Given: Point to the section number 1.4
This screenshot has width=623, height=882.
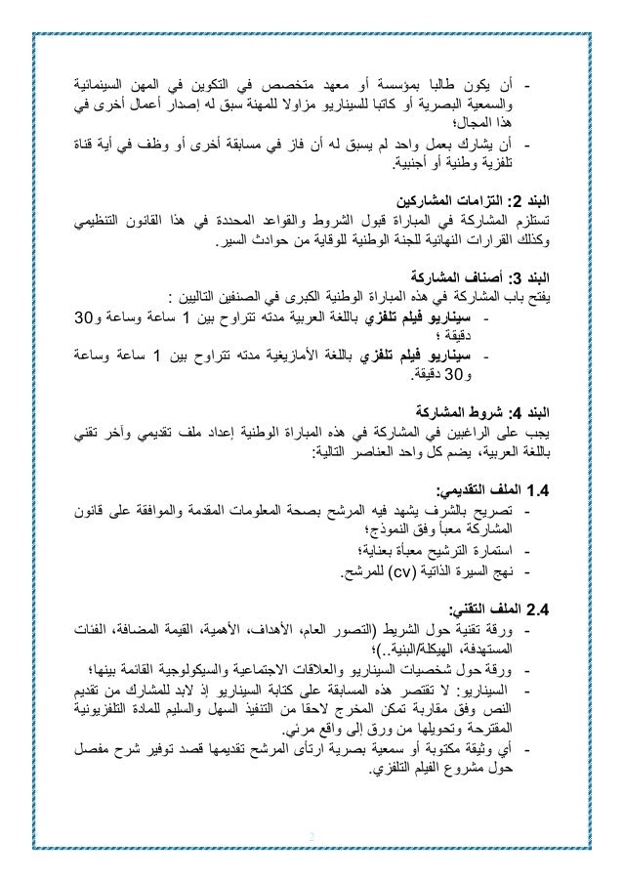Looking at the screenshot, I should click(536, 488).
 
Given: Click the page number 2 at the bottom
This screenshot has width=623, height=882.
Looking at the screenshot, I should click(311, 836).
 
